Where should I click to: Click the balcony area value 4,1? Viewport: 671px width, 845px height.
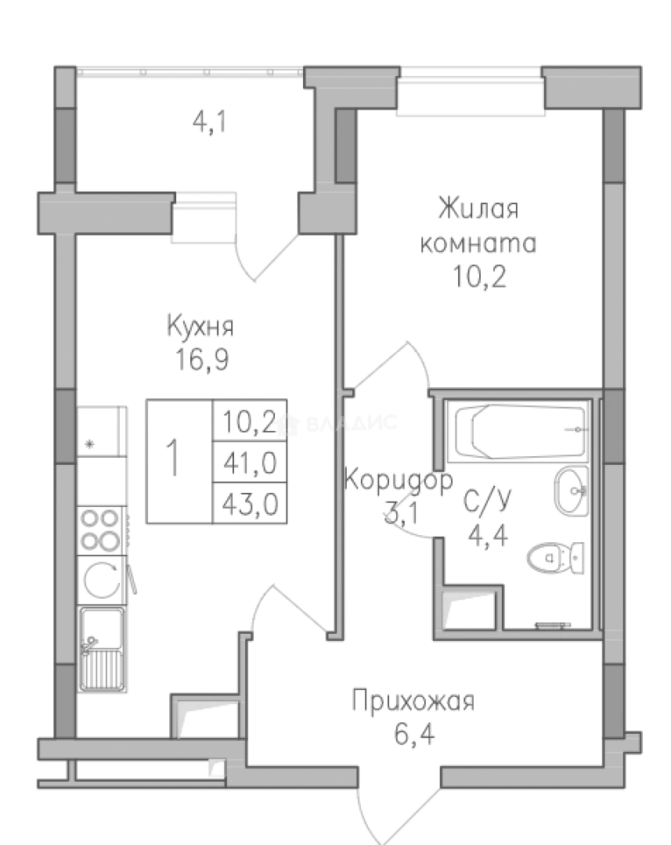point(209,124)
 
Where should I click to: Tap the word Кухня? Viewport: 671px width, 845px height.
point(200,326)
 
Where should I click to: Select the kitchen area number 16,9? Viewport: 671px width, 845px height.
point(202,361)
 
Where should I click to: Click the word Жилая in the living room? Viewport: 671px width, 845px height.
point(478,210)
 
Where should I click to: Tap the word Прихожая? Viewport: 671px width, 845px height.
point(413,701)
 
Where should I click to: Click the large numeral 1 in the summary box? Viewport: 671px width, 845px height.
point(177,460)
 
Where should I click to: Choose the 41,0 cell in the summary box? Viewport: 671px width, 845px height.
point(250,464)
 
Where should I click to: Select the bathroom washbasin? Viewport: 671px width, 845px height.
point(572,491)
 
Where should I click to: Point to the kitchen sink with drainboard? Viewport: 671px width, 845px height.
point(102,649)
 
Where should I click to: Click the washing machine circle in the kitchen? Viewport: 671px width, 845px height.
point(101,581)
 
